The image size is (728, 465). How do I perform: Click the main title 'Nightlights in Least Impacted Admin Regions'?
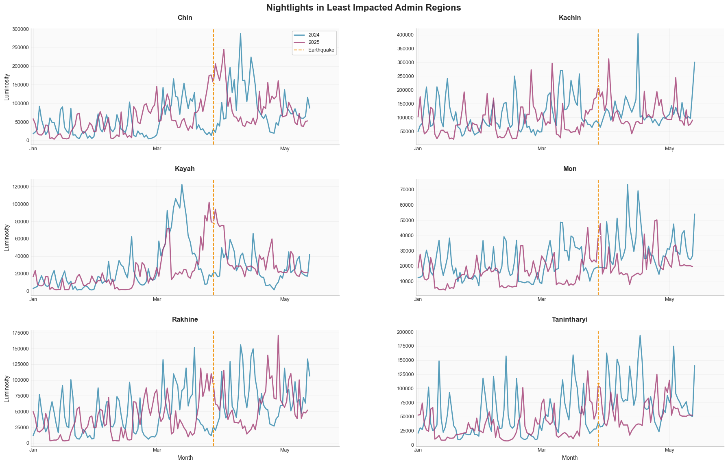click(364, 7)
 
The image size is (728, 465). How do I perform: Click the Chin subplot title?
click(185, 18)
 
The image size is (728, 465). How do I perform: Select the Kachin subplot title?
click(570, 18)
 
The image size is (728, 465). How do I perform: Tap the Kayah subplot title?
click(185, 169)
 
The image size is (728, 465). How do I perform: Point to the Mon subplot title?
click(570, 169)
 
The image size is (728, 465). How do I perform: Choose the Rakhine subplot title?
click(185, 320)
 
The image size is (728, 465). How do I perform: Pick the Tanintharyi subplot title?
click(570, 320)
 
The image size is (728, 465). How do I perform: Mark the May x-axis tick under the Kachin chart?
click(669, 149)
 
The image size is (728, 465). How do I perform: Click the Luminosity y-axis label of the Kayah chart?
click(7, 238)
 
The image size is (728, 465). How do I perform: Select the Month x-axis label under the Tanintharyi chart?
click(570, 458)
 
